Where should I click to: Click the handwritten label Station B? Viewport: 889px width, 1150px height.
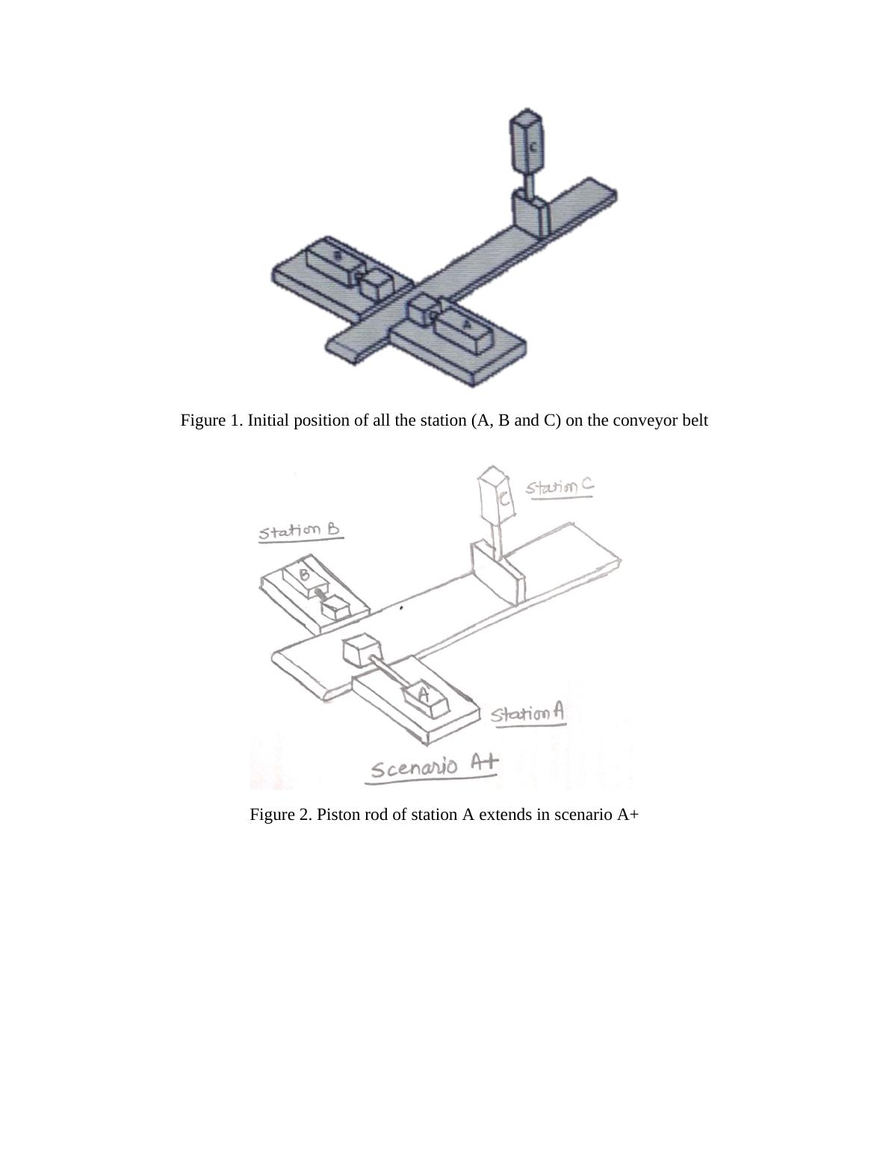299,532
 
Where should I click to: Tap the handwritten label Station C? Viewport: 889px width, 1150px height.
559,487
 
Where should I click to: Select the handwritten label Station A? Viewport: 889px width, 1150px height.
527,714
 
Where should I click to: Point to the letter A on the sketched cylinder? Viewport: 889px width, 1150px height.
424,694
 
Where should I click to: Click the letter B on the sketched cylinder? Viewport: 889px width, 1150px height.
305,575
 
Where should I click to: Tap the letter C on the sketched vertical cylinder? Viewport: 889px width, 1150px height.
505,499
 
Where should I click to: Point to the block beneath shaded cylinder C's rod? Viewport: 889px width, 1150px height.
531,213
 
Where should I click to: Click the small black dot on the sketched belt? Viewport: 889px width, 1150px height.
401,608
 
